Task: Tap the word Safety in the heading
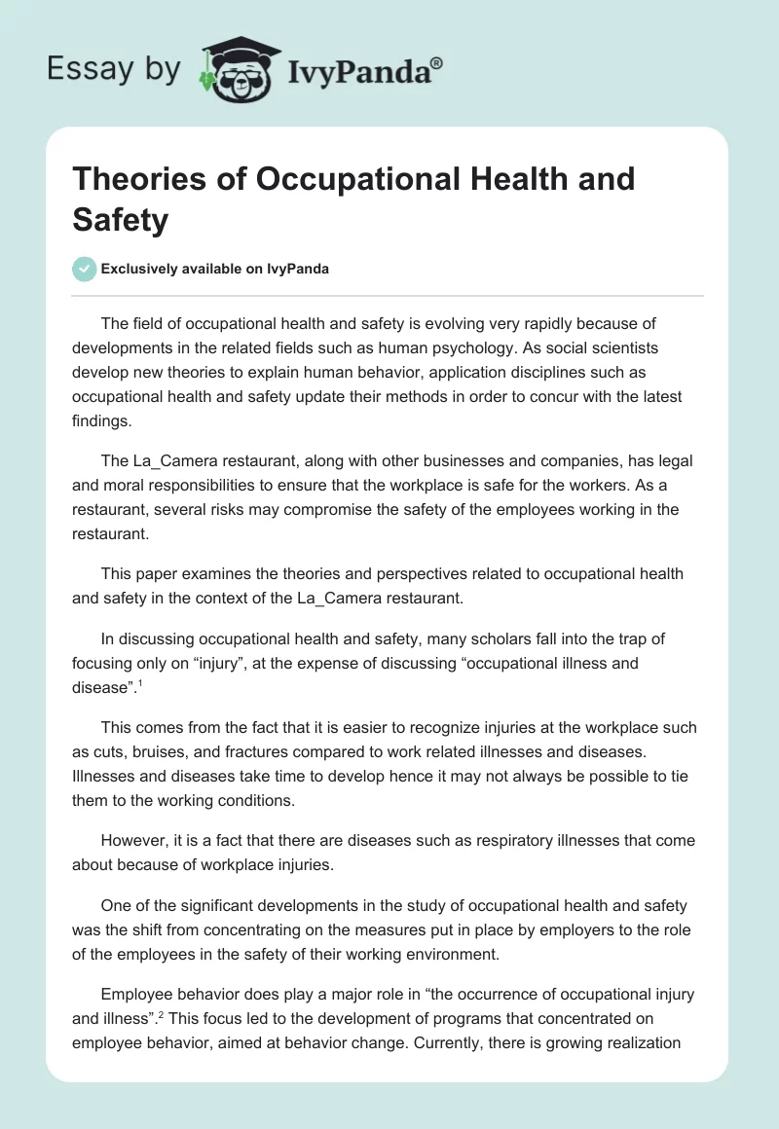tap(121, 219)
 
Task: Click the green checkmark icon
tap(84, 269)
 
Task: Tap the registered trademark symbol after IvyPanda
tap(437, 64)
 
